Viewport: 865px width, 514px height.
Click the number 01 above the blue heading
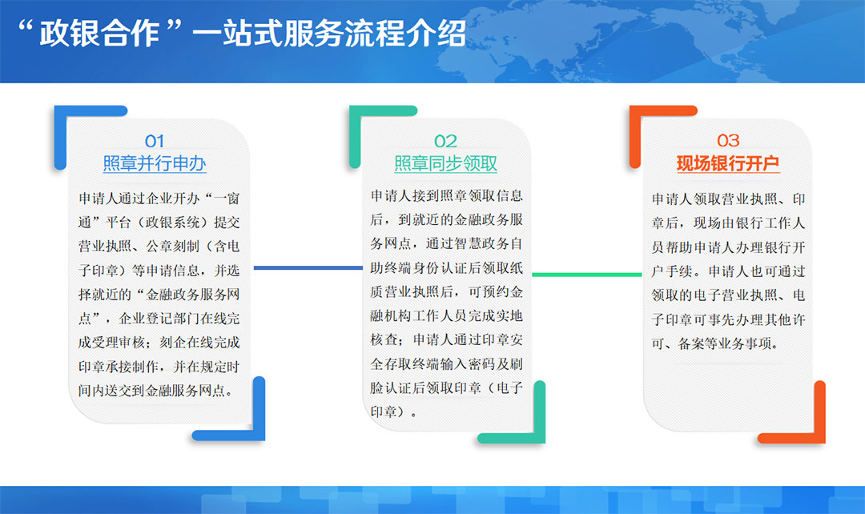[x=155, y=141]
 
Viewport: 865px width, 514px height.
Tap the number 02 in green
[x=445, y=141]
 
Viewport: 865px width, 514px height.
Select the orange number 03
[x=728, y=141]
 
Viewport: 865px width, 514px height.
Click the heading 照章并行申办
[x=155, y=163]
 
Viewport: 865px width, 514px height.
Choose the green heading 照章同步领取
[x=446, y=163]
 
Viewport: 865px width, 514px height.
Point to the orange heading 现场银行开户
[x=728, y=163]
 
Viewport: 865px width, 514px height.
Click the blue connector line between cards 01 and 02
[x=308, y=268]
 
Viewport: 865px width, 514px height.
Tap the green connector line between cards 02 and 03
[x=587, y=274]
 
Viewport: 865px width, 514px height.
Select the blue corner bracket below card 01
[x=259, y=408]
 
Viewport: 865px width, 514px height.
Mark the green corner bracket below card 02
[x=540, y=411]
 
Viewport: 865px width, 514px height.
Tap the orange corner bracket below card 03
[x=820, y=411]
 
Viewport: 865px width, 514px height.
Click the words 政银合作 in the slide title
[x=100, y=34]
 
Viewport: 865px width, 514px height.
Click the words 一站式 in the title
[x=238, y=34]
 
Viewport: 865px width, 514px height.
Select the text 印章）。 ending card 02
[x=393, y=412]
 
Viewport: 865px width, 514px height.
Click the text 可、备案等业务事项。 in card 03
[x=715, y=344]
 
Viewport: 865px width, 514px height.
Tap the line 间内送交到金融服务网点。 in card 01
[x=155, y=391]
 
